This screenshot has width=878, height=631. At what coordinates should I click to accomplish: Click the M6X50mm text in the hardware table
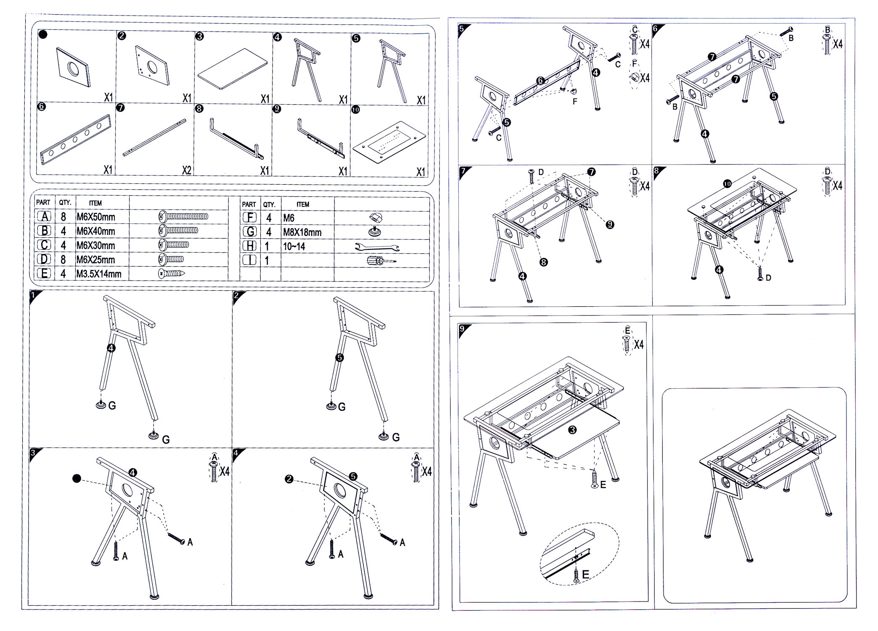95,217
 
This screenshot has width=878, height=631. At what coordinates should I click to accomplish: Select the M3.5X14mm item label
98,274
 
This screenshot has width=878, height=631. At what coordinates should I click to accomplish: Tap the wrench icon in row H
377,247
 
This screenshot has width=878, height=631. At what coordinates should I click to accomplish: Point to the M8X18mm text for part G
302,232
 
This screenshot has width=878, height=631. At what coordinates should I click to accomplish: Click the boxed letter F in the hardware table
250,218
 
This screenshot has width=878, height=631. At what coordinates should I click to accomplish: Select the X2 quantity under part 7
186,170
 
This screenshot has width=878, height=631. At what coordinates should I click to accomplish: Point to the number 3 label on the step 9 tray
572,430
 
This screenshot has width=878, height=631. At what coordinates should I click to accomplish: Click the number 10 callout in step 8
727,184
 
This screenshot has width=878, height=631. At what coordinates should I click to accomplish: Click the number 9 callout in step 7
610,225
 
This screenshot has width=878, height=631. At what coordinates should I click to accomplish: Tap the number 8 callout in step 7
543,262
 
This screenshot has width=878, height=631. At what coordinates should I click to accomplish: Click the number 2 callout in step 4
289,479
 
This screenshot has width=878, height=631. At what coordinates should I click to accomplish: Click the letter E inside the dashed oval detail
585,574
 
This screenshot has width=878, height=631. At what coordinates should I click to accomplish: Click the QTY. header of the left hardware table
65,202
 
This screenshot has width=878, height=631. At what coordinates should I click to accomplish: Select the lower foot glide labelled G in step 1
154,436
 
